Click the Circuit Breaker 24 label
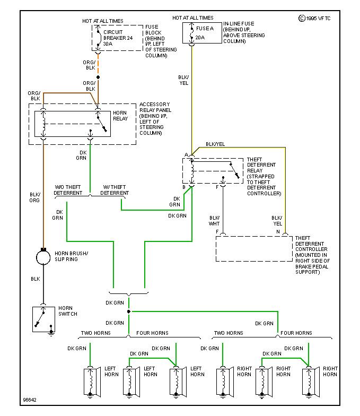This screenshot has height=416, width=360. [118, 38]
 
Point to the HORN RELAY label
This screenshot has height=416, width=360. [120, 117]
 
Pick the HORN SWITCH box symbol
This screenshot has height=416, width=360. [43, 319]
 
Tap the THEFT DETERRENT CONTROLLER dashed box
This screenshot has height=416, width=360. [254, 248]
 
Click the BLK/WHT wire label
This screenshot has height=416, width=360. [214, 221]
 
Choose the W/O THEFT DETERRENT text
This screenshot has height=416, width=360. [68, 190]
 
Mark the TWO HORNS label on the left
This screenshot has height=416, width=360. [95, 333]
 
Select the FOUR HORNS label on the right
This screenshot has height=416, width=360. [296, 333]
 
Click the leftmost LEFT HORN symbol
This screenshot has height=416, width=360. [90, 380]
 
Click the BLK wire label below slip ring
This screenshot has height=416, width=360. [35, 279]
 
